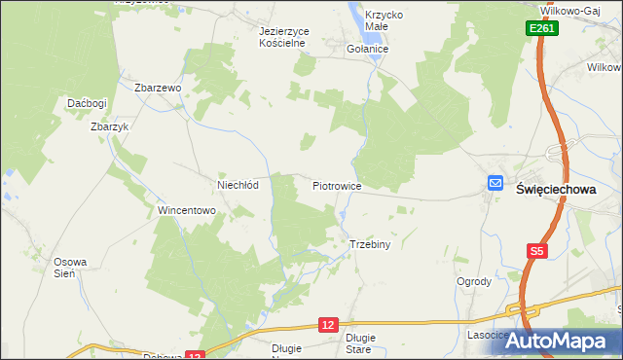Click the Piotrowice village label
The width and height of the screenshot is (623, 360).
coord(337,185)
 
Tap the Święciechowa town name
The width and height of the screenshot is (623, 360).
coord(555,191)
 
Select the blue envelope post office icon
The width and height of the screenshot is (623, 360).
coord(495,183)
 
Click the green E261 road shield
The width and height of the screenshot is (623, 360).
coord(543,30)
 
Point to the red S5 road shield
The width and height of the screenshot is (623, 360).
coord(537,251)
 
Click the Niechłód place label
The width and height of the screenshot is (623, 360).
coord(237,184)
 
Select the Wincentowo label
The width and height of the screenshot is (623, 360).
coord(186,210)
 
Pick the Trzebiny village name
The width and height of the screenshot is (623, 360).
coord(369,244)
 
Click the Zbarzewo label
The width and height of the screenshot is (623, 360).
coord(159,88)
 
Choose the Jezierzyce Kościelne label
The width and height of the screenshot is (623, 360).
coord(283,37)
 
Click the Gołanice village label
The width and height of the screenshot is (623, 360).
coord(368,49)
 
